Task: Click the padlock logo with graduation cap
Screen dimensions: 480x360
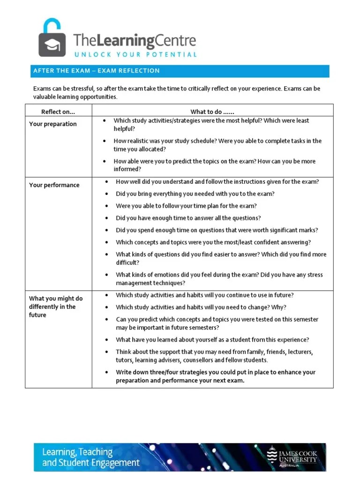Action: click(52, 38)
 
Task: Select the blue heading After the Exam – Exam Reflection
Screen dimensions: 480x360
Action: click(96, 71)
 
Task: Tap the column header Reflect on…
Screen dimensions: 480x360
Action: click(58, 112)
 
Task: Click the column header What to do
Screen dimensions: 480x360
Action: click(212, 112)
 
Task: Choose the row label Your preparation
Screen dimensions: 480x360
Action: click(53, 124)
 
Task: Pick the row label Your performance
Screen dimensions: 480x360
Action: click(54, 185)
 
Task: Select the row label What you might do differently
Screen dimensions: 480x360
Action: click(56, 307)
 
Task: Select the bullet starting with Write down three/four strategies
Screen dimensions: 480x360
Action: click(216, 376)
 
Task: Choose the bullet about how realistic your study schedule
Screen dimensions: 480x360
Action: click(217, 145)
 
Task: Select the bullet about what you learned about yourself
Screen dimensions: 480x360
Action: click(212, 340)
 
